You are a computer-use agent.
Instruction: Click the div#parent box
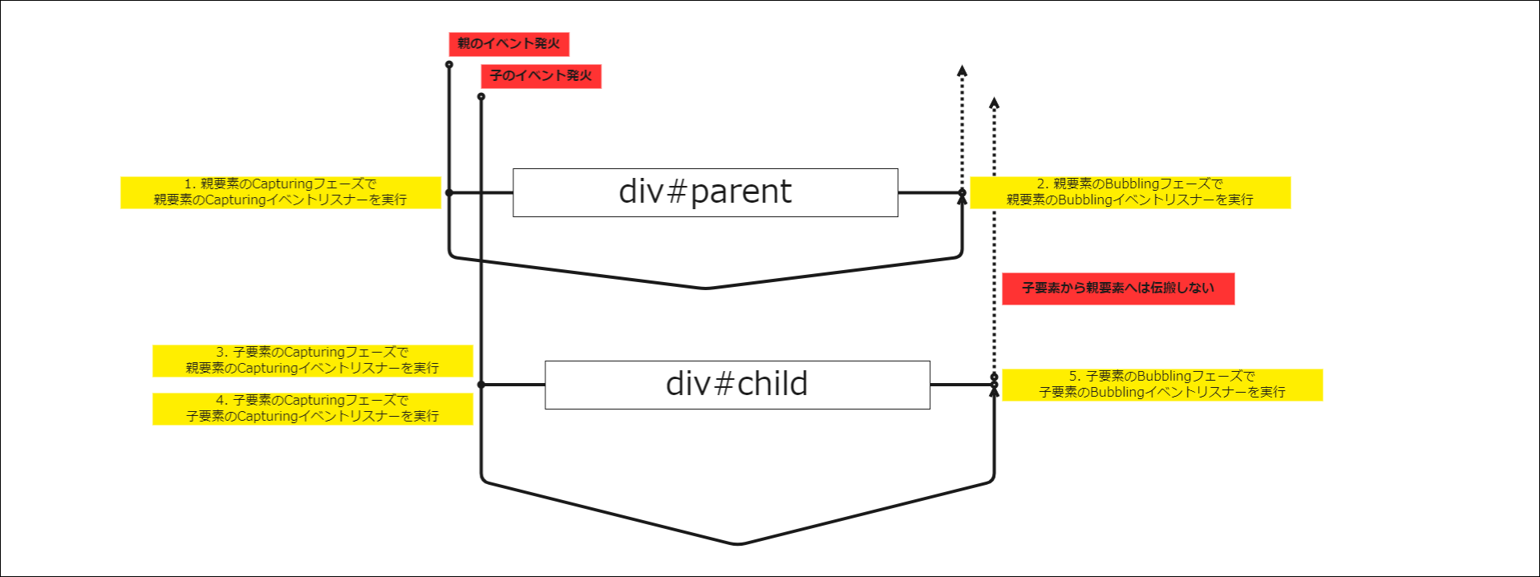[x=705, y=192]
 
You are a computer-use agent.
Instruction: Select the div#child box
[x=737, y=385]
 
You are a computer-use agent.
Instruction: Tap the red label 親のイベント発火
[x=509, y=44]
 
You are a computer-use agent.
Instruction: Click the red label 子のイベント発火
[x=541, y=76]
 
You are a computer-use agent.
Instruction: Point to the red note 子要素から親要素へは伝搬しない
[x=1118, y=288]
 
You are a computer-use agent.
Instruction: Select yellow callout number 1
[x=280, y=192]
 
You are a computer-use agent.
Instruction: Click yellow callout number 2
[x=1130, y=192]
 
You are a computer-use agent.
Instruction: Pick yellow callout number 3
[x=312, y=361]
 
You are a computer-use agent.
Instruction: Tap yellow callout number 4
[x=312, y=409]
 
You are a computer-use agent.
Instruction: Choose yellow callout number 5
[x=1162, y=385]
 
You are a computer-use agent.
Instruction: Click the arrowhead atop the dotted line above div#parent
[x=962, y=71]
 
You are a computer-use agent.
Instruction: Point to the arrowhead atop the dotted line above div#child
[x=995, y=103]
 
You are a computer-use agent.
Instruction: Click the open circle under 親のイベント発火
[x=449, y=64]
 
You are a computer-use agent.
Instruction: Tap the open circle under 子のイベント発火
[x=481, y=96]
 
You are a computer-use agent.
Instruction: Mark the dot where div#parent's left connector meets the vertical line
[x=449, y=192]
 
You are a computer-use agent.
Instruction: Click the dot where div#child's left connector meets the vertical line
[x=481, y=385]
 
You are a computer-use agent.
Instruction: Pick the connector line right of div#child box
[x=961, y=385]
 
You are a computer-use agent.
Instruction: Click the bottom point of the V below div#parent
[x=706, y=288]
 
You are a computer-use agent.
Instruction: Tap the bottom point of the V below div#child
[x=738, y=544]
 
